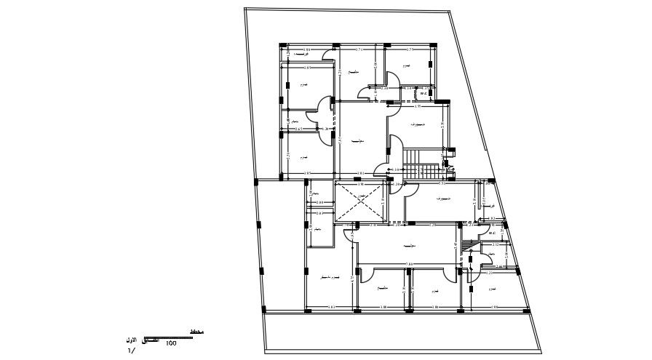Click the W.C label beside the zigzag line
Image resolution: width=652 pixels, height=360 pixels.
429,92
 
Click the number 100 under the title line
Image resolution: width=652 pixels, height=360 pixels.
172,343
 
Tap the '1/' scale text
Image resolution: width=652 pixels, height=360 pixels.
131,351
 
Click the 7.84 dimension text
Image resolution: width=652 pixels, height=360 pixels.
409,263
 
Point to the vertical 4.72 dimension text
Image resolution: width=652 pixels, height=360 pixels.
353,278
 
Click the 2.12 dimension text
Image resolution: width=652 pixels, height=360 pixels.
496,245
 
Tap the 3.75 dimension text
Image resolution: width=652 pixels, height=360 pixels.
409,49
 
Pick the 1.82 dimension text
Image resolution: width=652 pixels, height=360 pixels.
492,218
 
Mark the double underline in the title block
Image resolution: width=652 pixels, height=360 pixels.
175,337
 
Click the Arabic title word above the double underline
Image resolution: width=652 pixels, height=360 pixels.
196,332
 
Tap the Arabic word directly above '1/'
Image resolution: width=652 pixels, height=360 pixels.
132,340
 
